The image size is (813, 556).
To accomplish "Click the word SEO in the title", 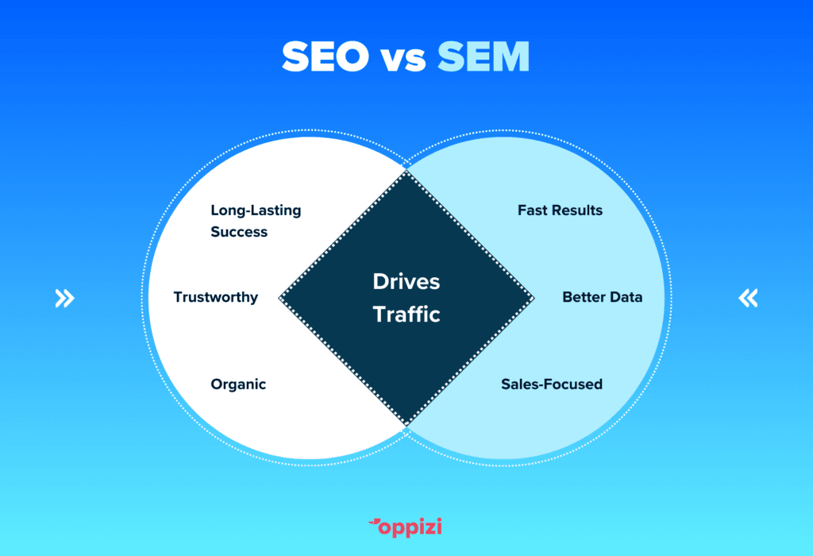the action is pos(325,56).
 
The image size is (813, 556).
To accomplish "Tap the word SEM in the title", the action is pos(484,56).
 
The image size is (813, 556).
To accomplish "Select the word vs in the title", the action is pos(403,60).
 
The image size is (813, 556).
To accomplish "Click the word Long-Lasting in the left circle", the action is pos(256,210).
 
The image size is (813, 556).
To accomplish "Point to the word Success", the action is pos(239,232).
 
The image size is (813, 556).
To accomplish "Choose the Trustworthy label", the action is pos(216,297).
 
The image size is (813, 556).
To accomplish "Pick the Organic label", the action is pos(238,385).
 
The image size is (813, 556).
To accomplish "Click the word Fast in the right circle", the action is pos(533,210).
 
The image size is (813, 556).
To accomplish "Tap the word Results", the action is pos(577,210).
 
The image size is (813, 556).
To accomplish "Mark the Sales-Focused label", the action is pos(552,384).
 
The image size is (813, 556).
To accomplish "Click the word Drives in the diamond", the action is pos(406,282).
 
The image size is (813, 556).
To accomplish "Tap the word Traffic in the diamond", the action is pos(406,315).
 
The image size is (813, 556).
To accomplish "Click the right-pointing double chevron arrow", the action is pos(65,298).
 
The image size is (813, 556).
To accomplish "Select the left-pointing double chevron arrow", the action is pos(748,298).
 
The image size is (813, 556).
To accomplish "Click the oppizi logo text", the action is pos(410,527).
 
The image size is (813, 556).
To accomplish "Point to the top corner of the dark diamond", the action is pos(406,171).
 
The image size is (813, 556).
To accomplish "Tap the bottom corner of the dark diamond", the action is pos(406,425).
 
